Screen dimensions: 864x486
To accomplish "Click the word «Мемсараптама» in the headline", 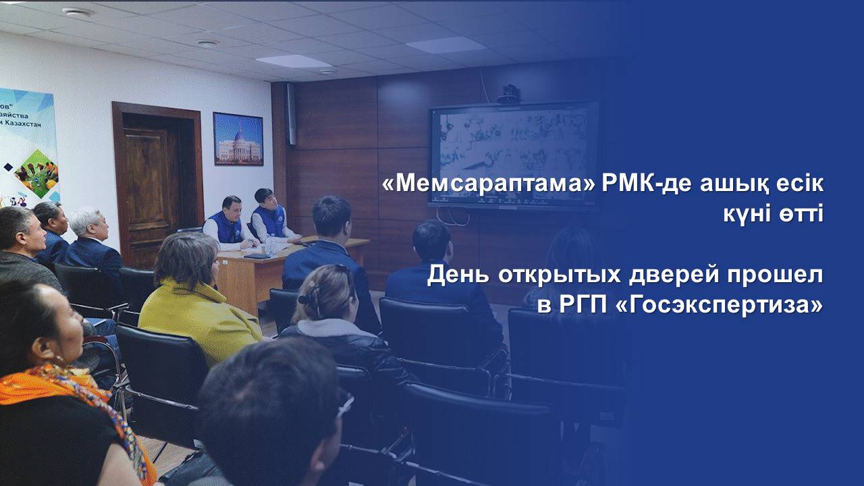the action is coord(489,184).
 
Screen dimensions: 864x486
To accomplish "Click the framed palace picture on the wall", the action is coord(238,139).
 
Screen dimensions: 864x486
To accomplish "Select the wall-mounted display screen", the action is coord(514,155).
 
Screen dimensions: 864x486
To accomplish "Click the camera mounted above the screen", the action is coord(508,94).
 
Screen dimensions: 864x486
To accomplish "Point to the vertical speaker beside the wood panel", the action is coord(291,114).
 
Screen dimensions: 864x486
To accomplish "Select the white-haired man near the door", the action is coord(92,243).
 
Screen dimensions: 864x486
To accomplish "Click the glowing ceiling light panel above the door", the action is coord(294,61).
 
